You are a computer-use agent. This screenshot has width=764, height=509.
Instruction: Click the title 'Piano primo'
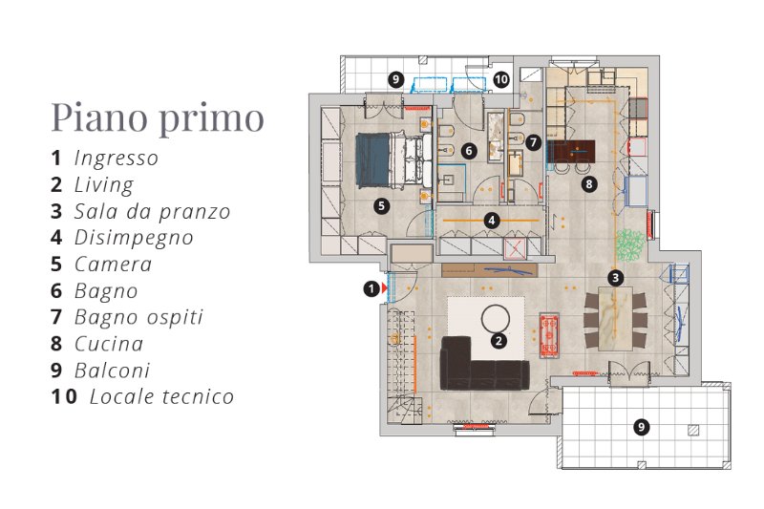coord(158,117)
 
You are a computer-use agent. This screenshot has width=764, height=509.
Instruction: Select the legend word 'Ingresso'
coord(117,159)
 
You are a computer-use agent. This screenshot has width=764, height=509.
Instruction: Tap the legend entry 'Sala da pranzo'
coord(152,211)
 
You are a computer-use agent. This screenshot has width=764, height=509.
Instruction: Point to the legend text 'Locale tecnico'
coord(161,396)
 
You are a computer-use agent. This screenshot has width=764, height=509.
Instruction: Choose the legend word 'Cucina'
coord(109,344)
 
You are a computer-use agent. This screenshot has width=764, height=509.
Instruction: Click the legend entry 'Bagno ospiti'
coord(138,318)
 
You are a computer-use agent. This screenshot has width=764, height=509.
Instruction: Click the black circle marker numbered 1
coord(371,288)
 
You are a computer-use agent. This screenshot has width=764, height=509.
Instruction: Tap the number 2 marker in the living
coord(498,341)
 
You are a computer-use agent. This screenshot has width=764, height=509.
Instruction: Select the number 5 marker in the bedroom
coord(381,206)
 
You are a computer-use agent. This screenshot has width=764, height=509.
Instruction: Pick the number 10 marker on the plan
coord(500,79)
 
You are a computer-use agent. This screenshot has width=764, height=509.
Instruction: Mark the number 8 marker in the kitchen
coord(589,184)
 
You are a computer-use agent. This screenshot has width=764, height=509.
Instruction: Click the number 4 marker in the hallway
coord(491,221)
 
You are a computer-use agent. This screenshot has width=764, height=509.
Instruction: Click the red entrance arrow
coord(385,288)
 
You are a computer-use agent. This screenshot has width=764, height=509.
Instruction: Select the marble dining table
coord(615,319)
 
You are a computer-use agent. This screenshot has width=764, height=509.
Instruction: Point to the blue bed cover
coord(372,160)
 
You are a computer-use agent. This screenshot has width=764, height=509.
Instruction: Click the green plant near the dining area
coord(629,245)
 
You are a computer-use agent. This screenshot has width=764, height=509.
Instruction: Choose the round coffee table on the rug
coord(495,320)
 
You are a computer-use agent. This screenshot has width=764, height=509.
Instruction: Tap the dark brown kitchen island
coord(571,152)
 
